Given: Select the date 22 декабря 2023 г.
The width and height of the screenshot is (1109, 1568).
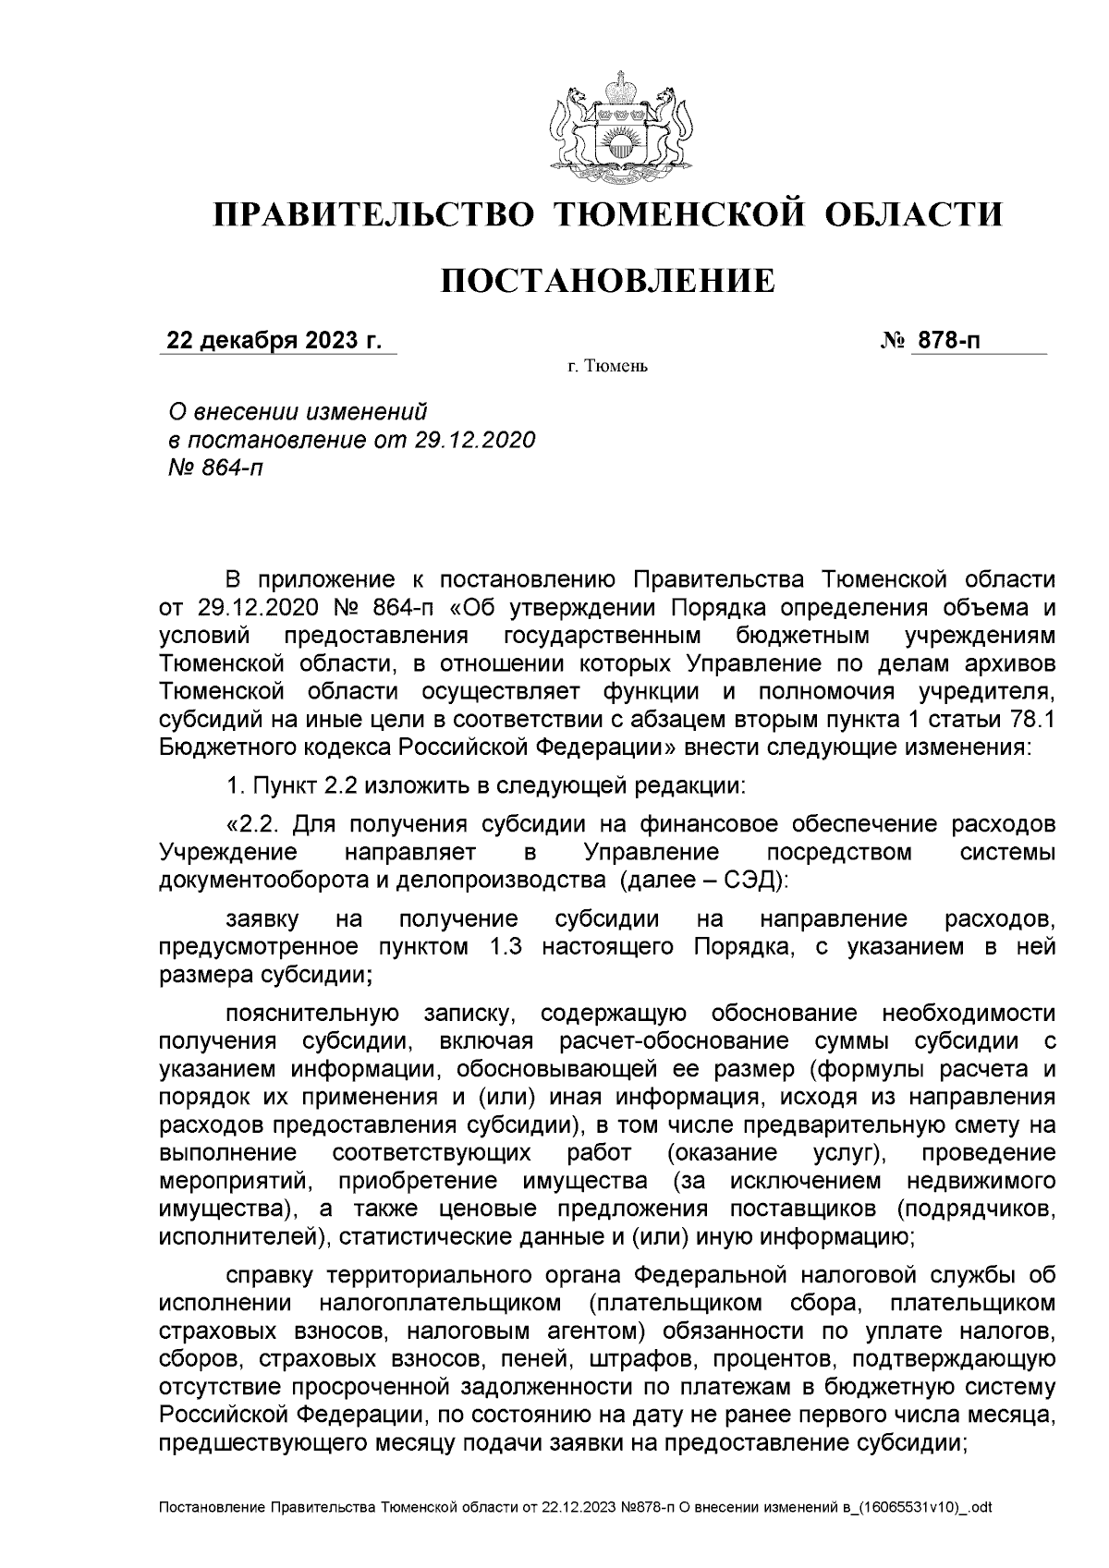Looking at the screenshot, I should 274,342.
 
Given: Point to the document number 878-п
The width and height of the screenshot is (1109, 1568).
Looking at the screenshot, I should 946,342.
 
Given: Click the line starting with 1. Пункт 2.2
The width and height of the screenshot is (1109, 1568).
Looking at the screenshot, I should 484,786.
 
